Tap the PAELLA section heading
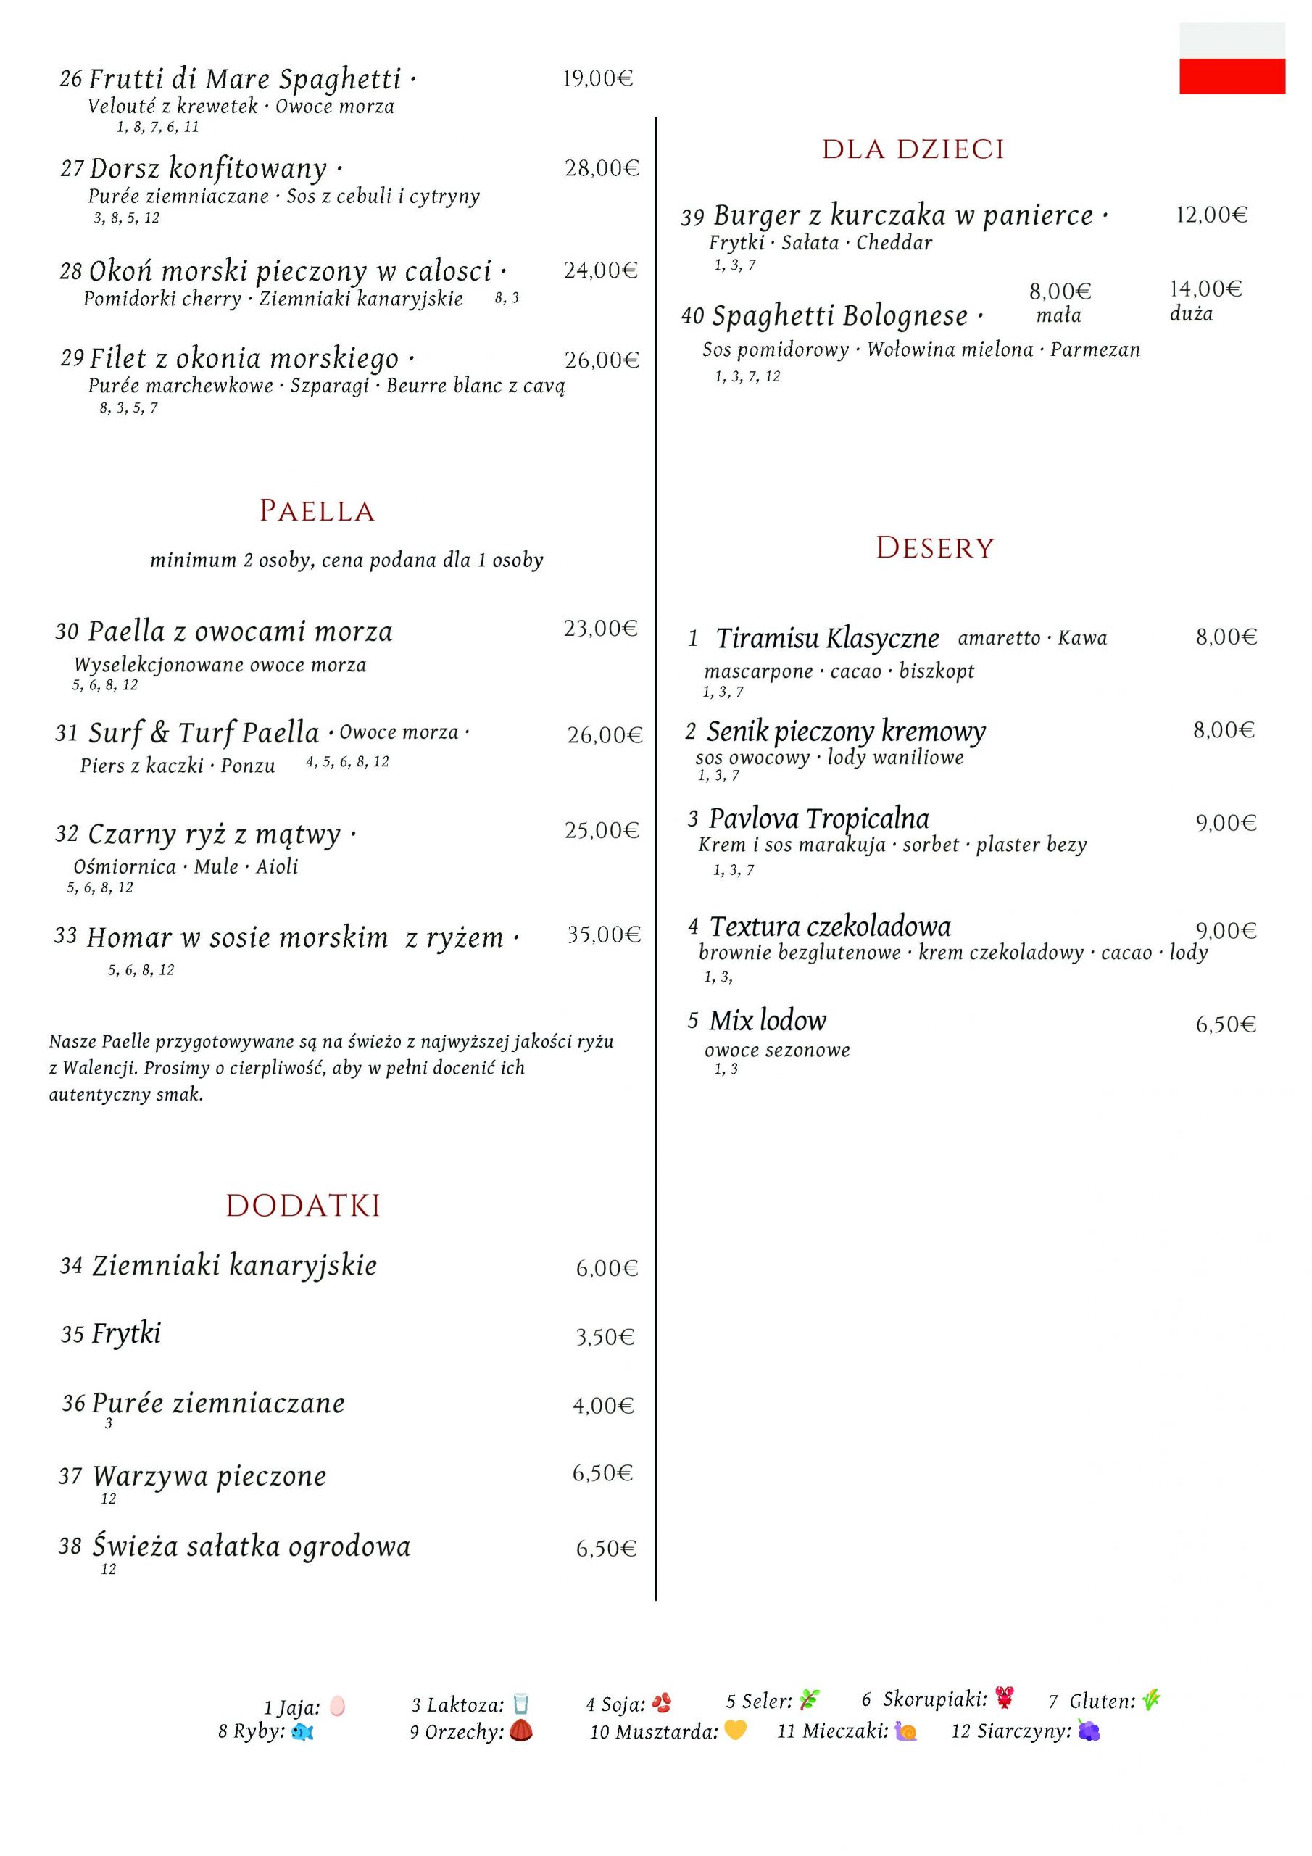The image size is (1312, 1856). pyautogui.click(x=317, y=511)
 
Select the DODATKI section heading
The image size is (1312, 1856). pyautogui.click(x=303, y=1205)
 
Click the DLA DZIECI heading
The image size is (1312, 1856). pyautogui.click(x=913, y=149)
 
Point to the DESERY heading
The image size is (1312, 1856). pyautogui.click(x=934, y=548)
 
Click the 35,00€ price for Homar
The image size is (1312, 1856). pyautogui.click(x=603, y=935)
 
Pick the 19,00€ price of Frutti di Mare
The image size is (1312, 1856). pyautogui.click(x=597, y=78)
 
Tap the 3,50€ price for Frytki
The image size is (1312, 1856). pyautogui.click(x=605, y=1337)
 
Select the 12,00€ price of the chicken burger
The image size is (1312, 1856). pyautogui.click(x=1211, y=215)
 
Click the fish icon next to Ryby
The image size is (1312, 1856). pyautogui.click(x=302, y=1731)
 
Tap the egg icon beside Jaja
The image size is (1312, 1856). pyautogui.click(x=337, y=1706)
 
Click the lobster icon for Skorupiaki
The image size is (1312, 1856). pyautogui.click(x=1005, y=1699)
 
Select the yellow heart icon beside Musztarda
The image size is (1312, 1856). pyautogui.click(x=735, y=1730)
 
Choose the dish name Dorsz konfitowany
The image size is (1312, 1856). pyautogui.click(x=209, y=169)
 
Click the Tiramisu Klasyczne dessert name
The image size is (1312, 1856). pyautogui.click(x=827, y=639)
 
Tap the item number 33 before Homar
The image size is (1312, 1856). pyautogui.click(x=65, y=936)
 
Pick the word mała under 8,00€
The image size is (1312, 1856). pyautogui.click(x=1058, y=315)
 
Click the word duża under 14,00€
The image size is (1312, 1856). pyautogui.click(x=1191, y=314)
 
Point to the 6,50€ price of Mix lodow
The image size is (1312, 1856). pyautogui.click(x=1226, y=1025)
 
